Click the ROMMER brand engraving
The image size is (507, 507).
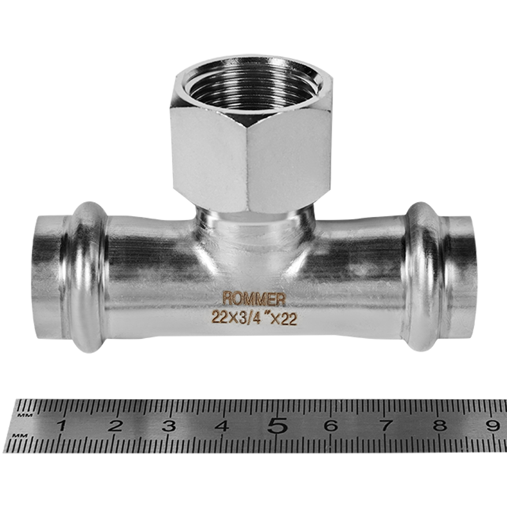pos(254,298)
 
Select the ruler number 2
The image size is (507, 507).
pos(115,425)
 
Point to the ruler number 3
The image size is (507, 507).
pos(169,425)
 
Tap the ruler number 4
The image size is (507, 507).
pos(223,425)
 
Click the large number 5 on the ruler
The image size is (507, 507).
pos(277,425)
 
